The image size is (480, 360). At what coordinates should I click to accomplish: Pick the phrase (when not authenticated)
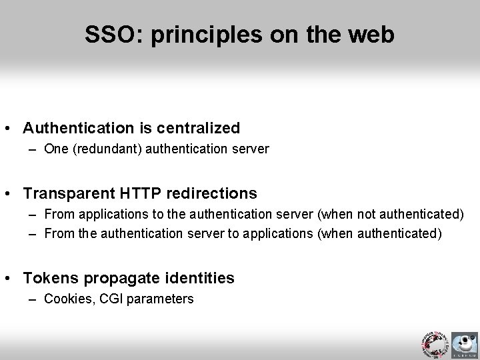(x=391, y=215)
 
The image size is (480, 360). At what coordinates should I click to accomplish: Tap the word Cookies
(x=65, y=299)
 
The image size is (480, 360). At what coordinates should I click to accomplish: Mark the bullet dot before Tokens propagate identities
(x=11, y=278)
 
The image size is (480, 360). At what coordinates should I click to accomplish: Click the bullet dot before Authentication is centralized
(x=11, y=127)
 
